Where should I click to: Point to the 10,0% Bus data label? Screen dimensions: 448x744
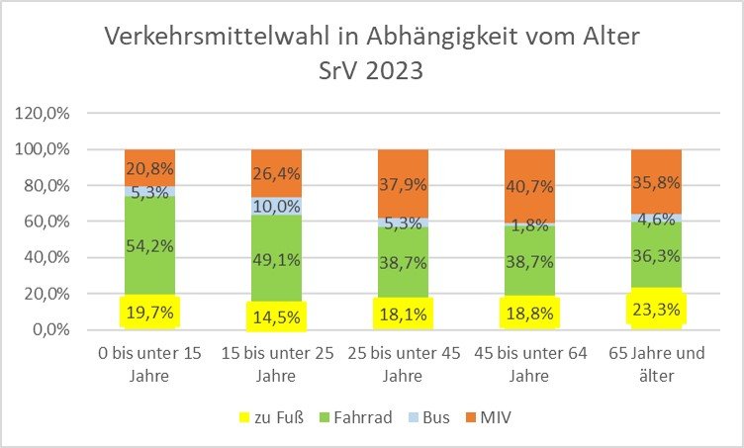click(278, 208)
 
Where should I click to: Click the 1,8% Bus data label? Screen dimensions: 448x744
click(530, 225)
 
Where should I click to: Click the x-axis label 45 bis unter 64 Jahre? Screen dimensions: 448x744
click(530, 365)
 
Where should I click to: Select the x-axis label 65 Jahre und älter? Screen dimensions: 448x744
click(656, 365)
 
